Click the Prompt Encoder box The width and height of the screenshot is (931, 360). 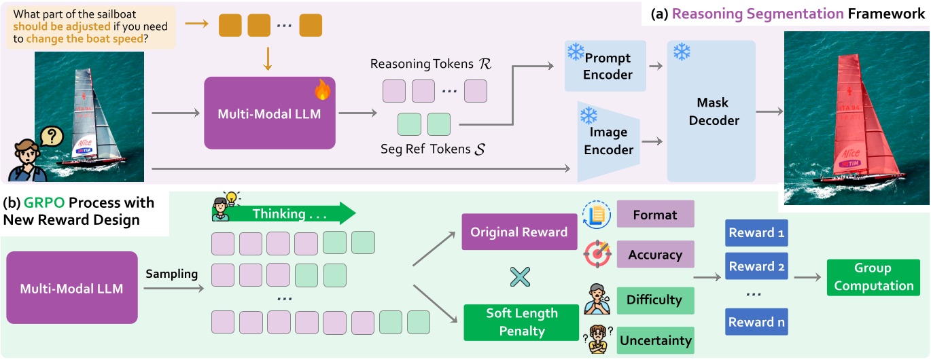point(606,66)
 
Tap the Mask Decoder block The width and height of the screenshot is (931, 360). point(712,111)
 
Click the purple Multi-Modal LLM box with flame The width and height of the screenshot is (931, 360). point(270,113)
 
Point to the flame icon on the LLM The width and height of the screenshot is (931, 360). point(321,90)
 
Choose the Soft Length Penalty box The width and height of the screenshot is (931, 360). point(521,322)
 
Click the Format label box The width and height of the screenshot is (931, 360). point(655,214)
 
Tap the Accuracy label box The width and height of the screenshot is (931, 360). point(655,255)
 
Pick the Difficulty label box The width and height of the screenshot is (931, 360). point(655,300)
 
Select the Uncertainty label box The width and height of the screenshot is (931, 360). point(655,340)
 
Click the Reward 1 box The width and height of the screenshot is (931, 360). point(756,233)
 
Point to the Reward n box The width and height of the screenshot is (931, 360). point(756,322)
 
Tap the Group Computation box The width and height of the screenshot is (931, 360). point(873,277)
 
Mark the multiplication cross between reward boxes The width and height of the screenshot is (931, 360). point(520,277)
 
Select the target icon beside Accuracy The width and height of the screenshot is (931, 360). point(597,255)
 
